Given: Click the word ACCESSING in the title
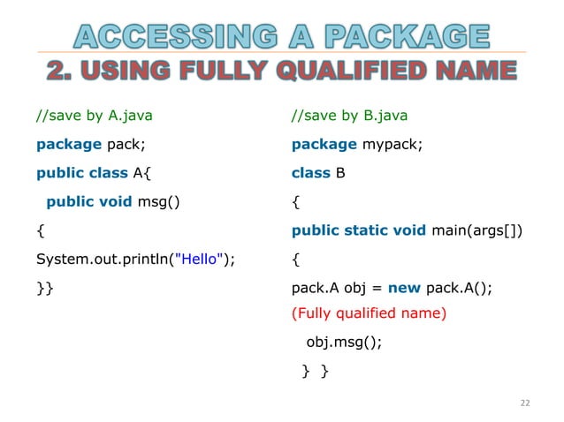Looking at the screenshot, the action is click(x=166, y=36).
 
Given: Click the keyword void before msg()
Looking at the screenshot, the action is click(x=115, y=201).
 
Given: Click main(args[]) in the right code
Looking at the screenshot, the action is click(x=476, y=230).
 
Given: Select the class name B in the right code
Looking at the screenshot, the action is click(x=339, y=173).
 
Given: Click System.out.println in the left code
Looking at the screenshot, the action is click(x=92, y=259).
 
